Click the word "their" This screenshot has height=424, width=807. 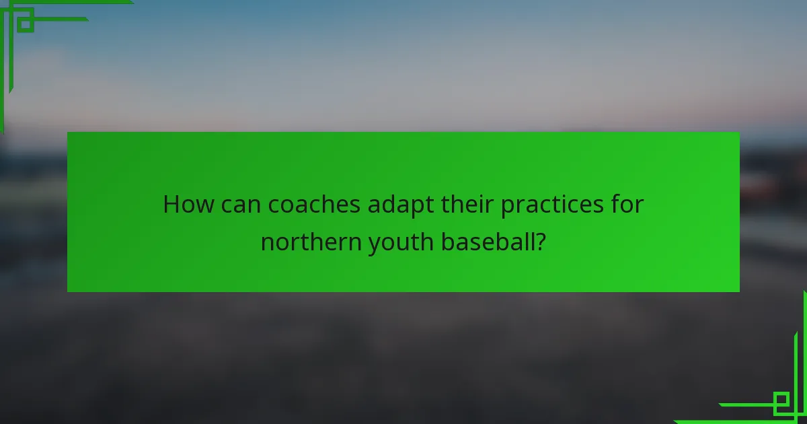pyautogui.click(x=467, y=205)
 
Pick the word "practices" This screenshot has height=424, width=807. pyautogui.click(x=551, y=206)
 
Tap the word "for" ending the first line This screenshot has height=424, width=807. pyautogui.click(x=627, y=205)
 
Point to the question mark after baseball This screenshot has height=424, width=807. pyautogui.click(x=539, y=242)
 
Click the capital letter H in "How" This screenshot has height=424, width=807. pyautogui.click(x=171, y=205)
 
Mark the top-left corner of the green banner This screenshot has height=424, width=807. pyautogui.click(x=68, y=133)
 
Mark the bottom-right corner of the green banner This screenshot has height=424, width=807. pyautogui.click(x=739, y=291)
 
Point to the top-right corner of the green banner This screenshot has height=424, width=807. pyautogui.click(x=739, y=133)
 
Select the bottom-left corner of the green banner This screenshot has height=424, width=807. pyautogui.click(x=68, y=291)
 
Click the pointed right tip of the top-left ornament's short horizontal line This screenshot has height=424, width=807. pyautogui.click(x=87, y=19)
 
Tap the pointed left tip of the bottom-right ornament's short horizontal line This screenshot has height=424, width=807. pyautogui.click(x=720, y=405)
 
